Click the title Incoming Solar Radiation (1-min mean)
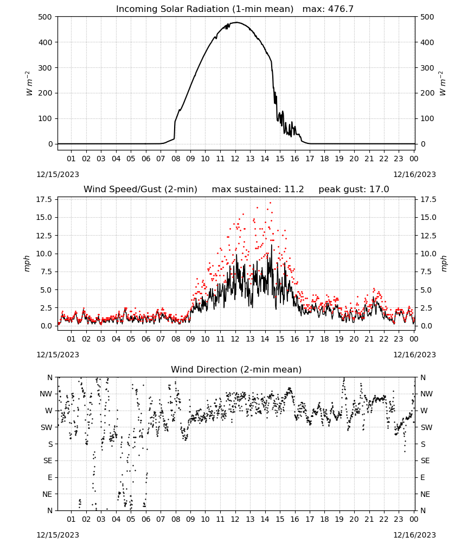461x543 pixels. pyautogui.click(x=204, y=9)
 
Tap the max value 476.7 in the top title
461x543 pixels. pyautogui.click(x=341, y=9)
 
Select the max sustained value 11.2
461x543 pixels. pyautogui.click(x=294, y=190)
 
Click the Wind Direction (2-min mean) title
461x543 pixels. pyautogui.click(x=236, y=369)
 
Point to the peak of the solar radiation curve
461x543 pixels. pyautogui.click(x=236, y=22)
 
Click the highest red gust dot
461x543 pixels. pyautogui.click(x=270, y=203)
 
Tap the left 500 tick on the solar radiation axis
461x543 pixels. pyautogui.click(x=46, y=17)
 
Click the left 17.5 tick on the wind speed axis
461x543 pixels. pyautogui.click(x=44, y=199)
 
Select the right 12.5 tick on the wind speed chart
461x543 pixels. pyautogui.click(x=428, y=236)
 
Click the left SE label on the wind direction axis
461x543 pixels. pyautogui.click(x=48, y=461)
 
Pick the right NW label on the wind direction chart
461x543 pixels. pyautogui.click(x=426, y=394)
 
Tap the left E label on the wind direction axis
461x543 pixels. pyautogui.click(x=50, y=477)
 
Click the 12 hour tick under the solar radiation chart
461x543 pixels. pyautogui.click(x=235, y=159)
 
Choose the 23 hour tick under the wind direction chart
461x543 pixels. pyautogui.click(x=399, y=520)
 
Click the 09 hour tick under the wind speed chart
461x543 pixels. pyautogui.click(x=190, y=339)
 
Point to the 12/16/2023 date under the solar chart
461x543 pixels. pyautogui.click(x=414, y=174)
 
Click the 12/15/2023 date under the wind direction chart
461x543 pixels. pyautogui.click(x=57, y=535)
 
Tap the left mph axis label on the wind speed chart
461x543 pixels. pyautogui.click(x=28, y=263)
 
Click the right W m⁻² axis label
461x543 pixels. pyautogui.click(x=443, y=84)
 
